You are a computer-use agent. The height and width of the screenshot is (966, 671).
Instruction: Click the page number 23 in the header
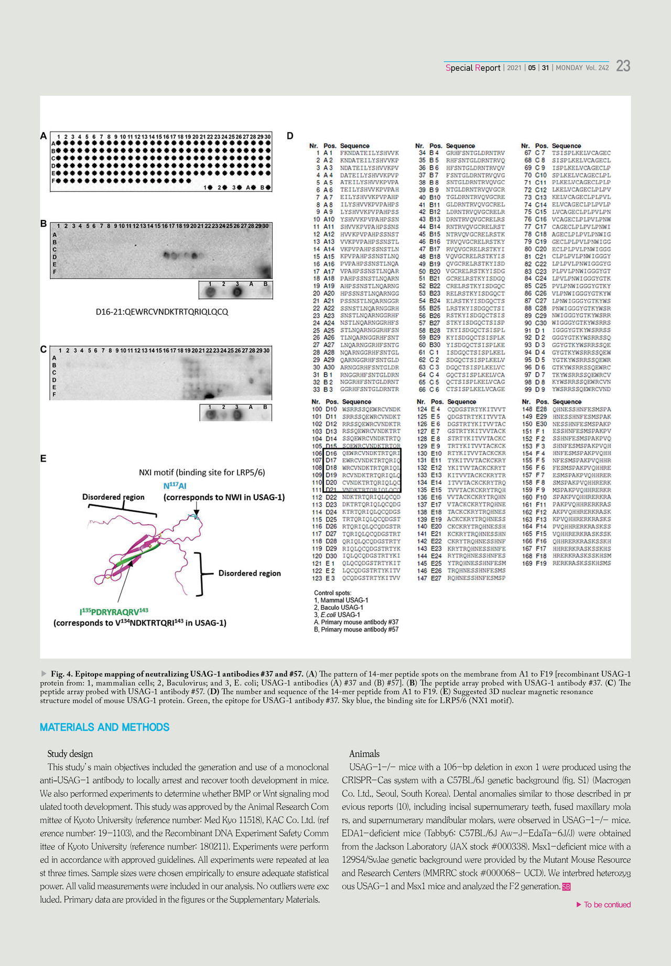tap(623, 66)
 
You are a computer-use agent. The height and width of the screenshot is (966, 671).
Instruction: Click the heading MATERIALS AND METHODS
tap(104, 727)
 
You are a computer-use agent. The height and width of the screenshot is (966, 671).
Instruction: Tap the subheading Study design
tap(70, 754)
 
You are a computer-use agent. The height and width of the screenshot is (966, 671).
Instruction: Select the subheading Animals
tap(364, 754)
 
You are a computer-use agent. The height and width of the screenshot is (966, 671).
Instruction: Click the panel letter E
tap(44, 459)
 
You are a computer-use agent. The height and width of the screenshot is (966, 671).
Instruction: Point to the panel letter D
tap(290, 136)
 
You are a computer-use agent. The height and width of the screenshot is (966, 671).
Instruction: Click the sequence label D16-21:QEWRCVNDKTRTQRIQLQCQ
tap(161, 312)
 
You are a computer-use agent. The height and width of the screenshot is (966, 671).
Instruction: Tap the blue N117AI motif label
tap(175, 486)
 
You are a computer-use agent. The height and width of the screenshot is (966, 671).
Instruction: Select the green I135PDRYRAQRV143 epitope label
tap(114, 611)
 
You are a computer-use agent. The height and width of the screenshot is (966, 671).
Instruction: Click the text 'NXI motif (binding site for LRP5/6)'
tap(202, 473)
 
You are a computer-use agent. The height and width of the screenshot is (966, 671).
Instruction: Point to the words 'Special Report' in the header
tap(473, 68)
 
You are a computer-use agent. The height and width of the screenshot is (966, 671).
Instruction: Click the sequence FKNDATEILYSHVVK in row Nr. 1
tap(369, 153)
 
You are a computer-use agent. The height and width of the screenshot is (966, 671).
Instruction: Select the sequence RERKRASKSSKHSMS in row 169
tap(581, 563)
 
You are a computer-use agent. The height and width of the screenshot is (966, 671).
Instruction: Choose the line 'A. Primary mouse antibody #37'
tap(356, 622)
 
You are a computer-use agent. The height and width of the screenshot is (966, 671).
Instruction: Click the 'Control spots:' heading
tap(332, 593)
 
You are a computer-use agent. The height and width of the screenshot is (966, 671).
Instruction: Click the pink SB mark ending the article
tap(566, 887)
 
